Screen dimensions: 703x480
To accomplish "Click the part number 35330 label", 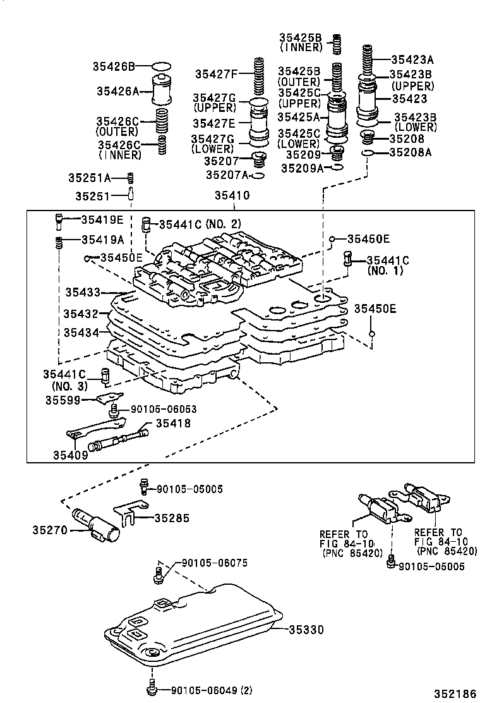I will click(x=306, y=630).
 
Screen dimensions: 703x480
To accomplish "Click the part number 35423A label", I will click(x=412, y=60).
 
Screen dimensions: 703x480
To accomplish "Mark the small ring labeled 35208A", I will click(x=367, y=153).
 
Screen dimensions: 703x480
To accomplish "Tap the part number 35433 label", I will click(x=82, y=292).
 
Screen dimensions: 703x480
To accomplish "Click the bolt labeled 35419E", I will click(x=58, y=221).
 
